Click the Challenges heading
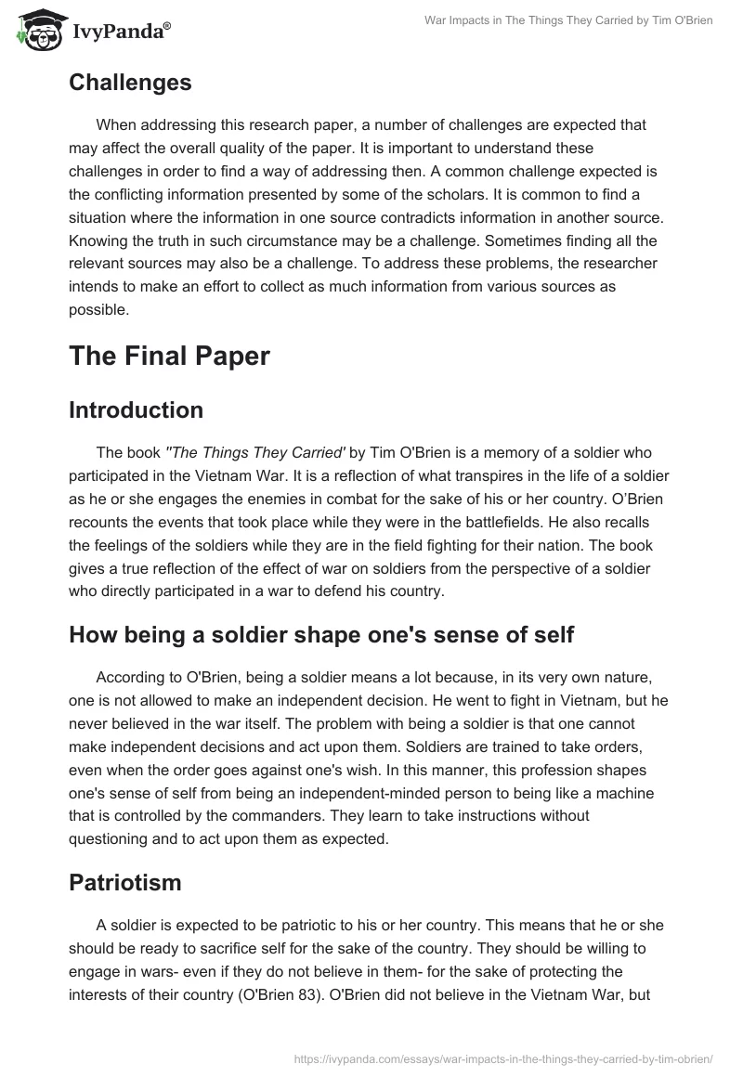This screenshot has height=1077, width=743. tap(130, 82)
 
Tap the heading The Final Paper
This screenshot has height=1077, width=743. tap(169, 356)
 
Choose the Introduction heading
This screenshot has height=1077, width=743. tap(136, 409)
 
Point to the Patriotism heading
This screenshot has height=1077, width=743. tap(124, 882)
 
